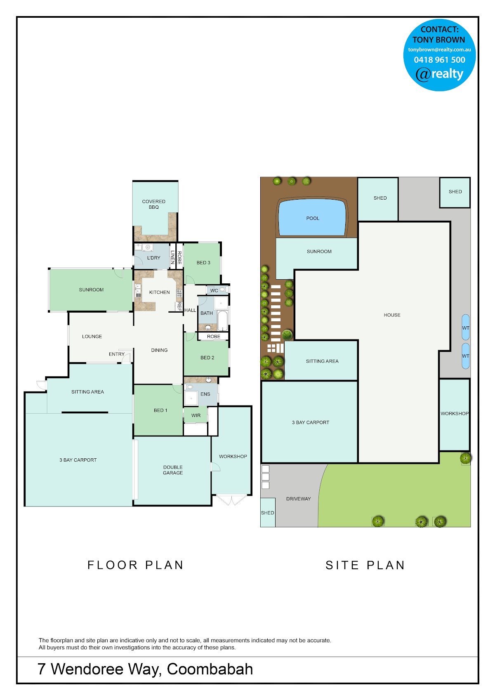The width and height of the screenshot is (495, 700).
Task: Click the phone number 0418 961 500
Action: tap(439, 60)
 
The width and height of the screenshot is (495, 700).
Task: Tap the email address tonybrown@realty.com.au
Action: tap(439, 49)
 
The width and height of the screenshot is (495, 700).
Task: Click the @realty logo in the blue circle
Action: tap(439, 74)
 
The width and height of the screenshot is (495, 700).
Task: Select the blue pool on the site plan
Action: tap(312, 217)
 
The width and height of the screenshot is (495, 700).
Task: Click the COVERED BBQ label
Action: tap(153, 204)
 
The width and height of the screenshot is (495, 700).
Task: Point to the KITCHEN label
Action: tap(159, 292)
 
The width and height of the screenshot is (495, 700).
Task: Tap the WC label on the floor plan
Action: tap(214, 290)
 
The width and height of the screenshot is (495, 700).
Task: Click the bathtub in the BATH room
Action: tap(222, 321)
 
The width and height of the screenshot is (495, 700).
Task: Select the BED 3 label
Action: tap(203, 262)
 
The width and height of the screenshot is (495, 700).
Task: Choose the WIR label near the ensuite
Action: tap(196, 415)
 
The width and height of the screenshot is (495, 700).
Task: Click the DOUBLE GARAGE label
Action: tap(173, 470)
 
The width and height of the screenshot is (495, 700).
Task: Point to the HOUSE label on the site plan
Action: tap(392, 315)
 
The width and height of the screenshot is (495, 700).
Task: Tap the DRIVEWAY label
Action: tap(298, 499)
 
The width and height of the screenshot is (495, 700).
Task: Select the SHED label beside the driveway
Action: tap(267, 513)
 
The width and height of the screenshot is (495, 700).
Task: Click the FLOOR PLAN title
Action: tap(135, 565)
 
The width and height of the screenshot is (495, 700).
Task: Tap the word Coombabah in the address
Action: tap(210, 669)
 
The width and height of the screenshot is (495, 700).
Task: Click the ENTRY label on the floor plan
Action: tap(117, 354)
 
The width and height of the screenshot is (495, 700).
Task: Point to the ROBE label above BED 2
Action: tap(213, 337)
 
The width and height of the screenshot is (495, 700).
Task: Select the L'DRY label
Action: tap(153, 258)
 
